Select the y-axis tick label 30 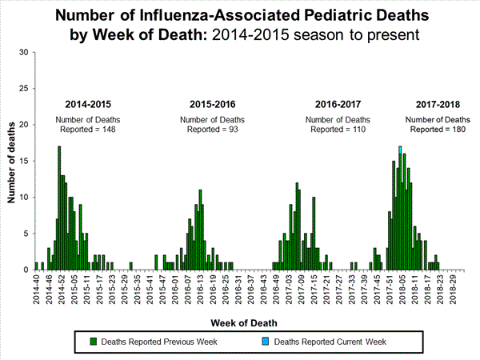click(x=24, y=53)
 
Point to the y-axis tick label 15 click(x=24, y=161)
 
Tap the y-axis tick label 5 click(x=26, y=234)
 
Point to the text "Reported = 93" click(x=211, y=129)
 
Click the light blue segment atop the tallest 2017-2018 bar click(x=399, y=150)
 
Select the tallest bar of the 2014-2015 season click(x=59, y=207)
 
